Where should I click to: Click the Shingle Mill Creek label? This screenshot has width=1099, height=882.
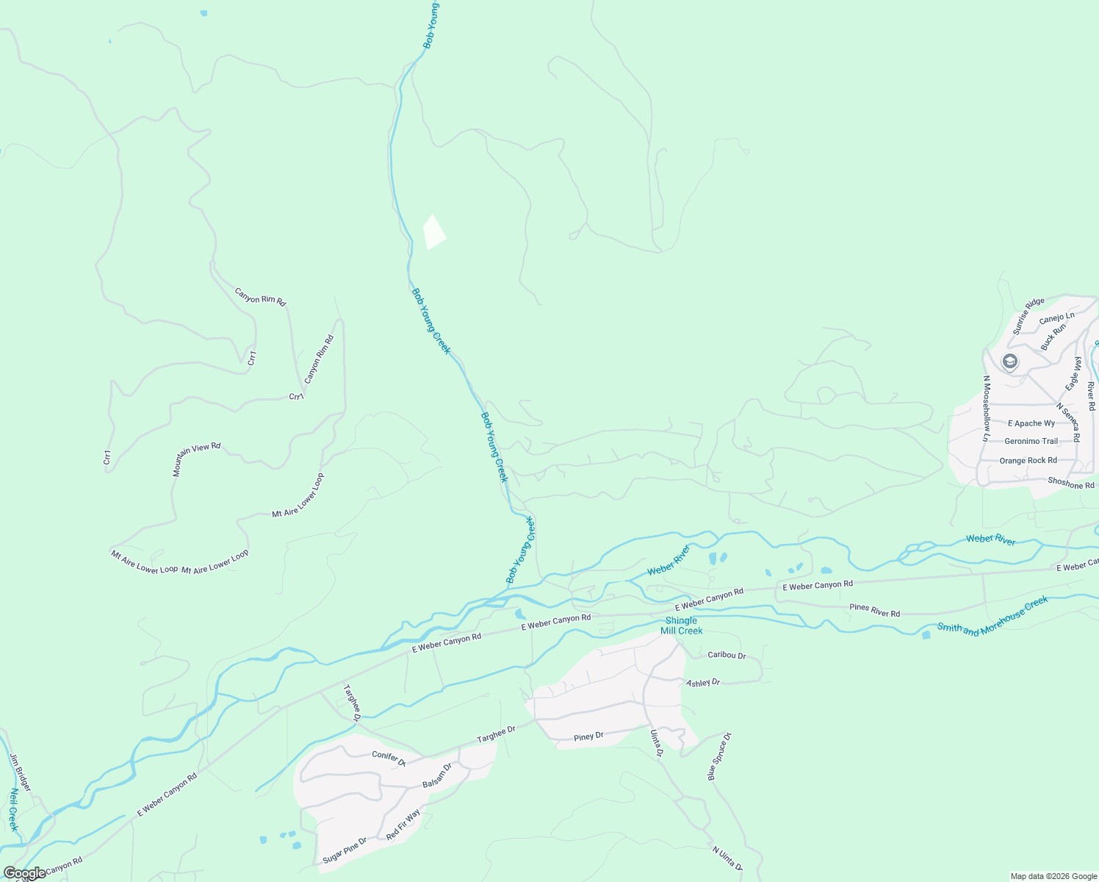coord(681,625)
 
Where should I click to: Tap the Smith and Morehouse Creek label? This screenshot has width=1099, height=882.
coord(992,616)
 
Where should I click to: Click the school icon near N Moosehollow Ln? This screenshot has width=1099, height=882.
coord(1010,361)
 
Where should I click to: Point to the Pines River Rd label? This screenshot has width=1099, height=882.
coord(874,611)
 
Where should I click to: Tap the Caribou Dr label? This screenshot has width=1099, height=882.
coord(727,655)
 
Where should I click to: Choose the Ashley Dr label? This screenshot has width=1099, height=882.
coord(703,683)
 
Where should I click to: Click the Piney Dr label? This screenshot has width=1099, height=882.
coord(588,736)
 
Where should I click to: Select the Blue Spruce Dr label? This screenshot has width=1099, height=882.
coord(720,756)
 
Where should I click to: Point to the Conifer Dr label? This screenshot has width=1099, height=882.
coord(389,759)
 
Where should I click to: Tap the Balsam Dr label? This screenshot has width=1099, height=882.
coord(437,776)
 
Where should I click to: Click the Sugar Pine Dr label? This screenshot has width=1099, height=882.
coord(344,850)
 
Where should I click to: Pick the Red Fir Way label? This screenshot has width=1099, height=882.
coord(403,825)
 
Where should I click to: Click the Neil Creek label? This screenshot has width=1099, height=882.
coord(14,810)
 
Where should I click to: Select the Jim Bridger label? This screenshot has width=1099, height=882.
coord(21,772)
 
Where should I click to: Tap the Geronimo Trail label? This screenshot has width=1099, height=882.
coord(1031,442)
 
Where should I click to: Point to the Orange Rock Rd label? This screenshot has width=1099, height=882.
coord(1028,461)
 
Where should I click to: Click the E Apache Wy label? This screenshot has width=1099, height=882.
coord(1031,423)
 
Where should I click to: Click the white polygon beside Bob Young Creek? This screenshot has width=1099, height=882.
coord(434,232)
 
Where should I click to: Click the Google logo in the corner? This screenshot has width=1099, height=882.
coord(25,872)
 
